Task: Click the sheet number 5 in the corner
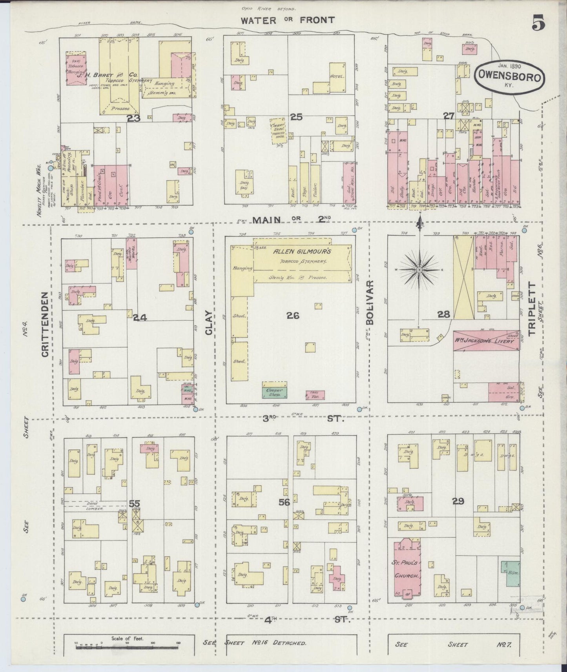tap(538, 24)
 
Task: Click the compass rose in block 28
tap(419, 270)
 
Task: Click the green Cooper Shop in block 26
tap(274, 392)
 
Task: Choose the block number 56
tap(284, 502)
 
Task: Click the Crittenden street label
tap(45, 324)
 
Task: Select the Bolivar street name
tap(370, 302)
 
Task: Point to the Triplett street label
tap(531, 309)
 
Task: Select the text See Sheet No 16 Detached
tap(255, 643)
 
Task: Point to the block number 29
tap(458, 501)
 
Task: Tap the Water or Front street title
tap(288, 20)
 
